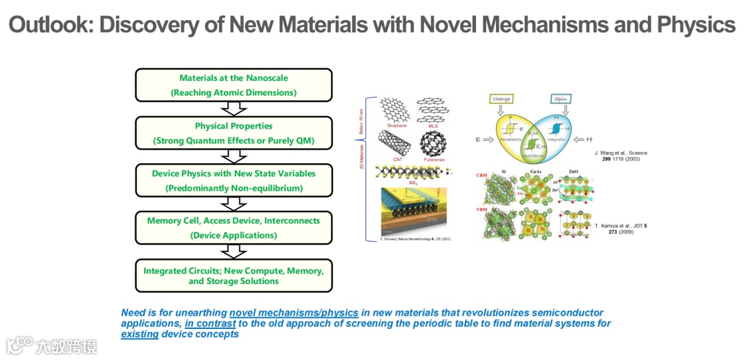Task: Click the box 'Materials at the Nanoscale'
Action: [234, 85]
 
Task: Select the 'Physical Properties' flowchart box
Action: [234, 133]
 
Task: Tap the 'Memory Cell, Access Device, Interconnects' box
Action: [234, 227]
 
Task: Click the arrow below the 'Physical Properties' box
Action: [233, 155]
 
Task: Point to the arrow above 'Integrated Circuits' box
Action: [233, 251]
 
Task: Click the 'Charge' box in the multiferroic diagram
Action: [501, 99]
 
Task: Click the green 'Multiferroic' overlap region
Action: [531, 146]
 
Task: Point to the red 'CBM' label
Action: [481, 176]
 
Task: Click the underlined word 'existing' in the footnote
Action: [140, 334]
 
